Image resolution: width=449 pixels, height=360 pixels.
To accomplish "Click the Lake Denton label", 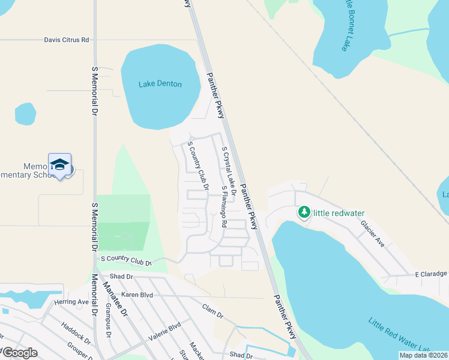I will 160,84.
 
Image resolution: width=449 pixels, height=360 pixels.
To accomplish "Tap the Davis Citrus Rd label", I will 66,40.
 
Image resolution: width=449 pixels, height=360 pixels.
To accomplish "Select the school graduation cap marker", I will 60,165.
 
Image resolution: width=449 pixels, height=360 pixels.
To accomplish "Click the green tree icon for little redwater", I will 305,212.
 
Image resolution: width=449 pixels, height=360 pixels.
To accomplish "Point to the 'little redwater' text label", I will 340,213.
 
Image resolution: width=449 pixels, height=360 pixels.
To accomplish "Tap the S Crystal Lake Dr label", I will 229,169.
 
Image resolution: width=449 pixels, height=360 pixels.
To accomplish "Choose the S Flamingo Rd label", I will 224,206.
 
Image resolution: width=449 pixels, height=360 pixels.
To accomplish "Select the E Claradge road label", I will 432,274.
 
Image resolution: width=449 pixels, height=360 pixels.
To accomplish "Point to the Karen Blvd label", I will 137,295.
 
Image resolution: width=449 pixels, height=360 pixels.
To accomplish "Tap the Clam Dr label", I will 212,314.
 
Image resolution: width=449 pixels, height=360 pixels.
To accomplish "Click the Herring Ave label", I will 71,302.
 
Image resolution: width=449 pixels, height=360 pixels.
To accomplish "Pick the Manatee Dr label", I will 116,301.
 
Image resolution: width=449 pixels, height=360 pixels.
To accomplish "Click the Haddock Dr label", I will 75,334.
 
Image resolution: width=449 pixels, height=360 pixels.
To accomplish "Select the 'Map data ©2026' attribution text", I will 424,355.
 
